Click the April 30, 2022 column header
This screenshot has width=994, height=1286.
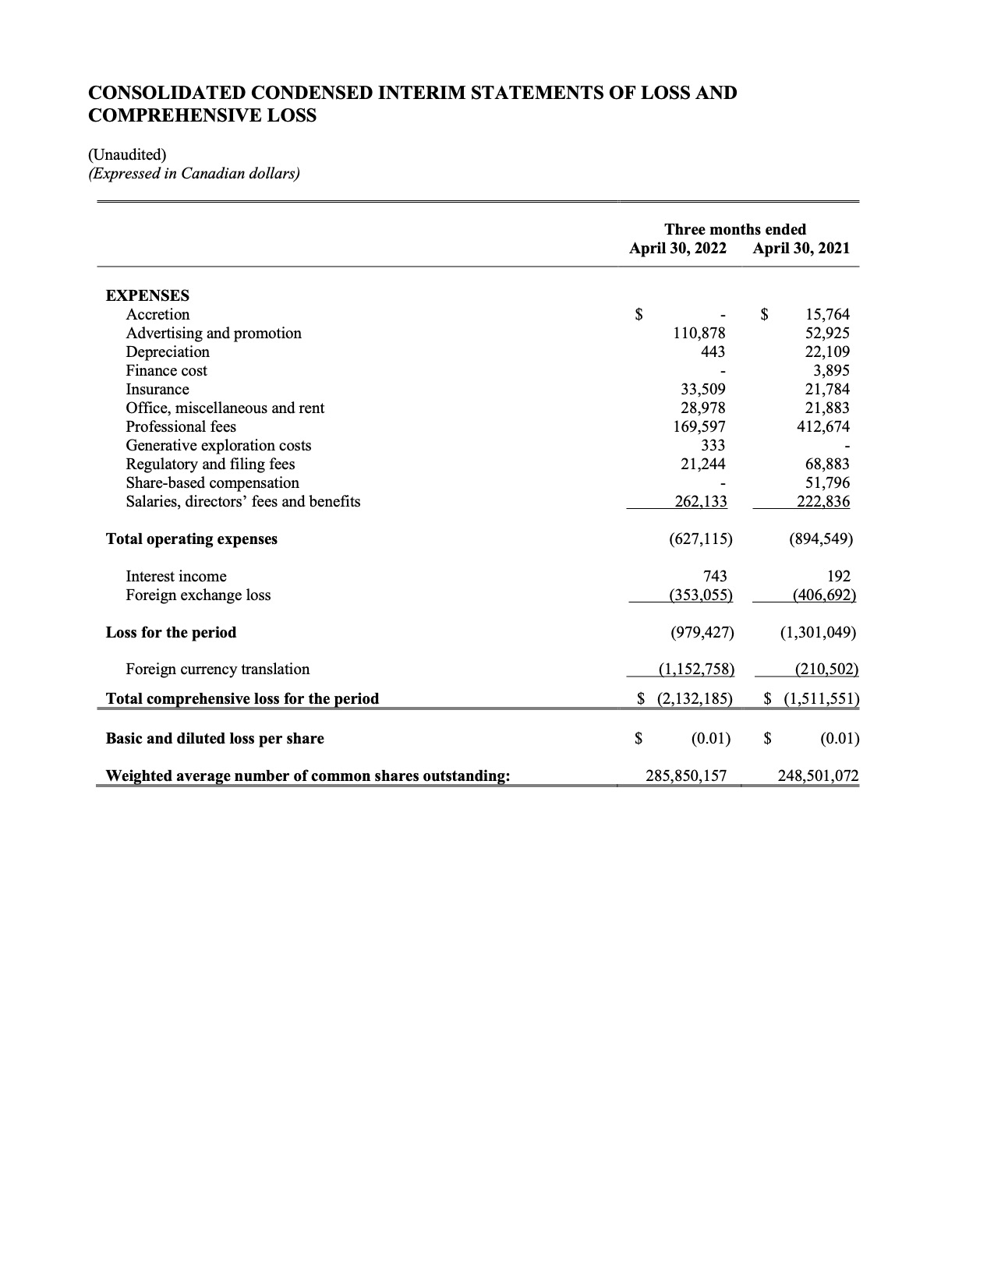pos(677,249)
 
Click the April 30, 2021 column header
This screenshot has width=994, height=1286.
pos(801,249)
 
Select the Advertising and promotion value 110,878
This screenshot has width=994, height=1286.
pos(699,334)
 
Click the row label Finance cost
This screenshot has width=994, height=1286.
pos(167,371)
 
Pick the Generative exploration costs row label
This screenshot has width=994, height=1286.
pos(218,446)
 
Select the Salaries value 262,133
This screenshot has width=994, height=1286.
pos(700,502)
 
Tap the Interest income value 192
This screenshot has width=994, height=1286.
pos(839,577)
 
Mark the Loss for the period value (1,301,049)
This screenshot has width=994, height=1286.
pos(818,633)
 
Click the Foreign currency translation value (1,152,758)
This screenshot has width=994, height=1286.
pos(696,669)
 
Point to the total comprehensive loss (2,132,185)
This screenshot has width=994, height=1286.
pos(695,699)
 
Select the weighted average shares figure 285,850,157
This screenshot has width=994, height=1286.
pos(686,776)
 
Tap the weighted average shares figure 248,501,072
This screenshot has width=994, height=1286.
pos(818,776)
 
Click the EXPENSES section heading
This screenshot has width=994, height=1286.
pos(147,296)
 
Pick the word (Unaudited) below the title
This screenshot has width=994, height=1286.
pos(127,154)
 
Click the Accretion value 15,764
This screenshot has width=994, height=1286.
pos(827,315)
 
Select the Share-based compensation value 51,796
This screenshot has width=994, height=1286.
pos(827,483)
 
